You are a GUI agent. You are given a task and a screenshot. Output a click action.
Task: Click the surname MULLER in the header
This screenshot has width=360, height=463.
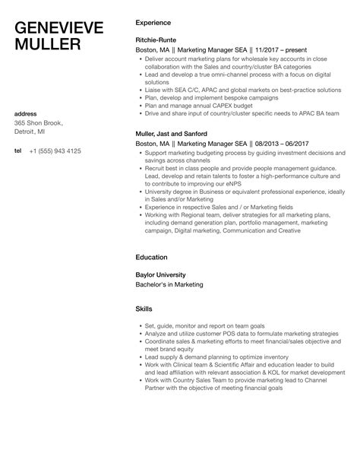point(48,45)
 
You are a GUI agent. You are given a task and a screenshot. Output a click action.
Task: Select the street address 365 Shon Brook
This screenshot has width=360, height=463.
point(39,123)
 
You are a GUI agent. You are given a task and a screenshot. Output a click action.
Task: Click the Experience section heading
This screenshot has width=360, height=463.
point(153,23)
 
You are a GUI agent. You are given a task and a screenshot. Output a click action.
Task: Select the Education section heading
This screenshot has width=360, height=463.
point(152,258)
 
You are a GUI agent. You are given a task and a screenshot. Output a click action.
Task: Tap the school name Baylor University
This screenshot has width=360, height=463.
point(161,274)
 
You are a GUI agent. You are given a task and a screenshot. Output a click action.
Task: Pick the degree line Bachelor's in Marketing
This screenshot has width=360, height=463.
point(170,284)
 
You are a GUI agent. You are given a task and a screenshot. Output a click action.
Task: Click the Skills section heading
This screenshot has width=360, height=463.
point(144,309)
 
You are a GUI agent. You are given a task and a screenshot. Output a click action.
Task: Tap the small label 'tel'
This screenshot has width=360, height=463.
point(18,151)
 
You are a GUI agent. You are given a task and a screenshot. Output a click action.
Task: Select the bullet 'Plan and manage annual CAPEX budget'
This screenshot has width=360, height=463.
point(194,106)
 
